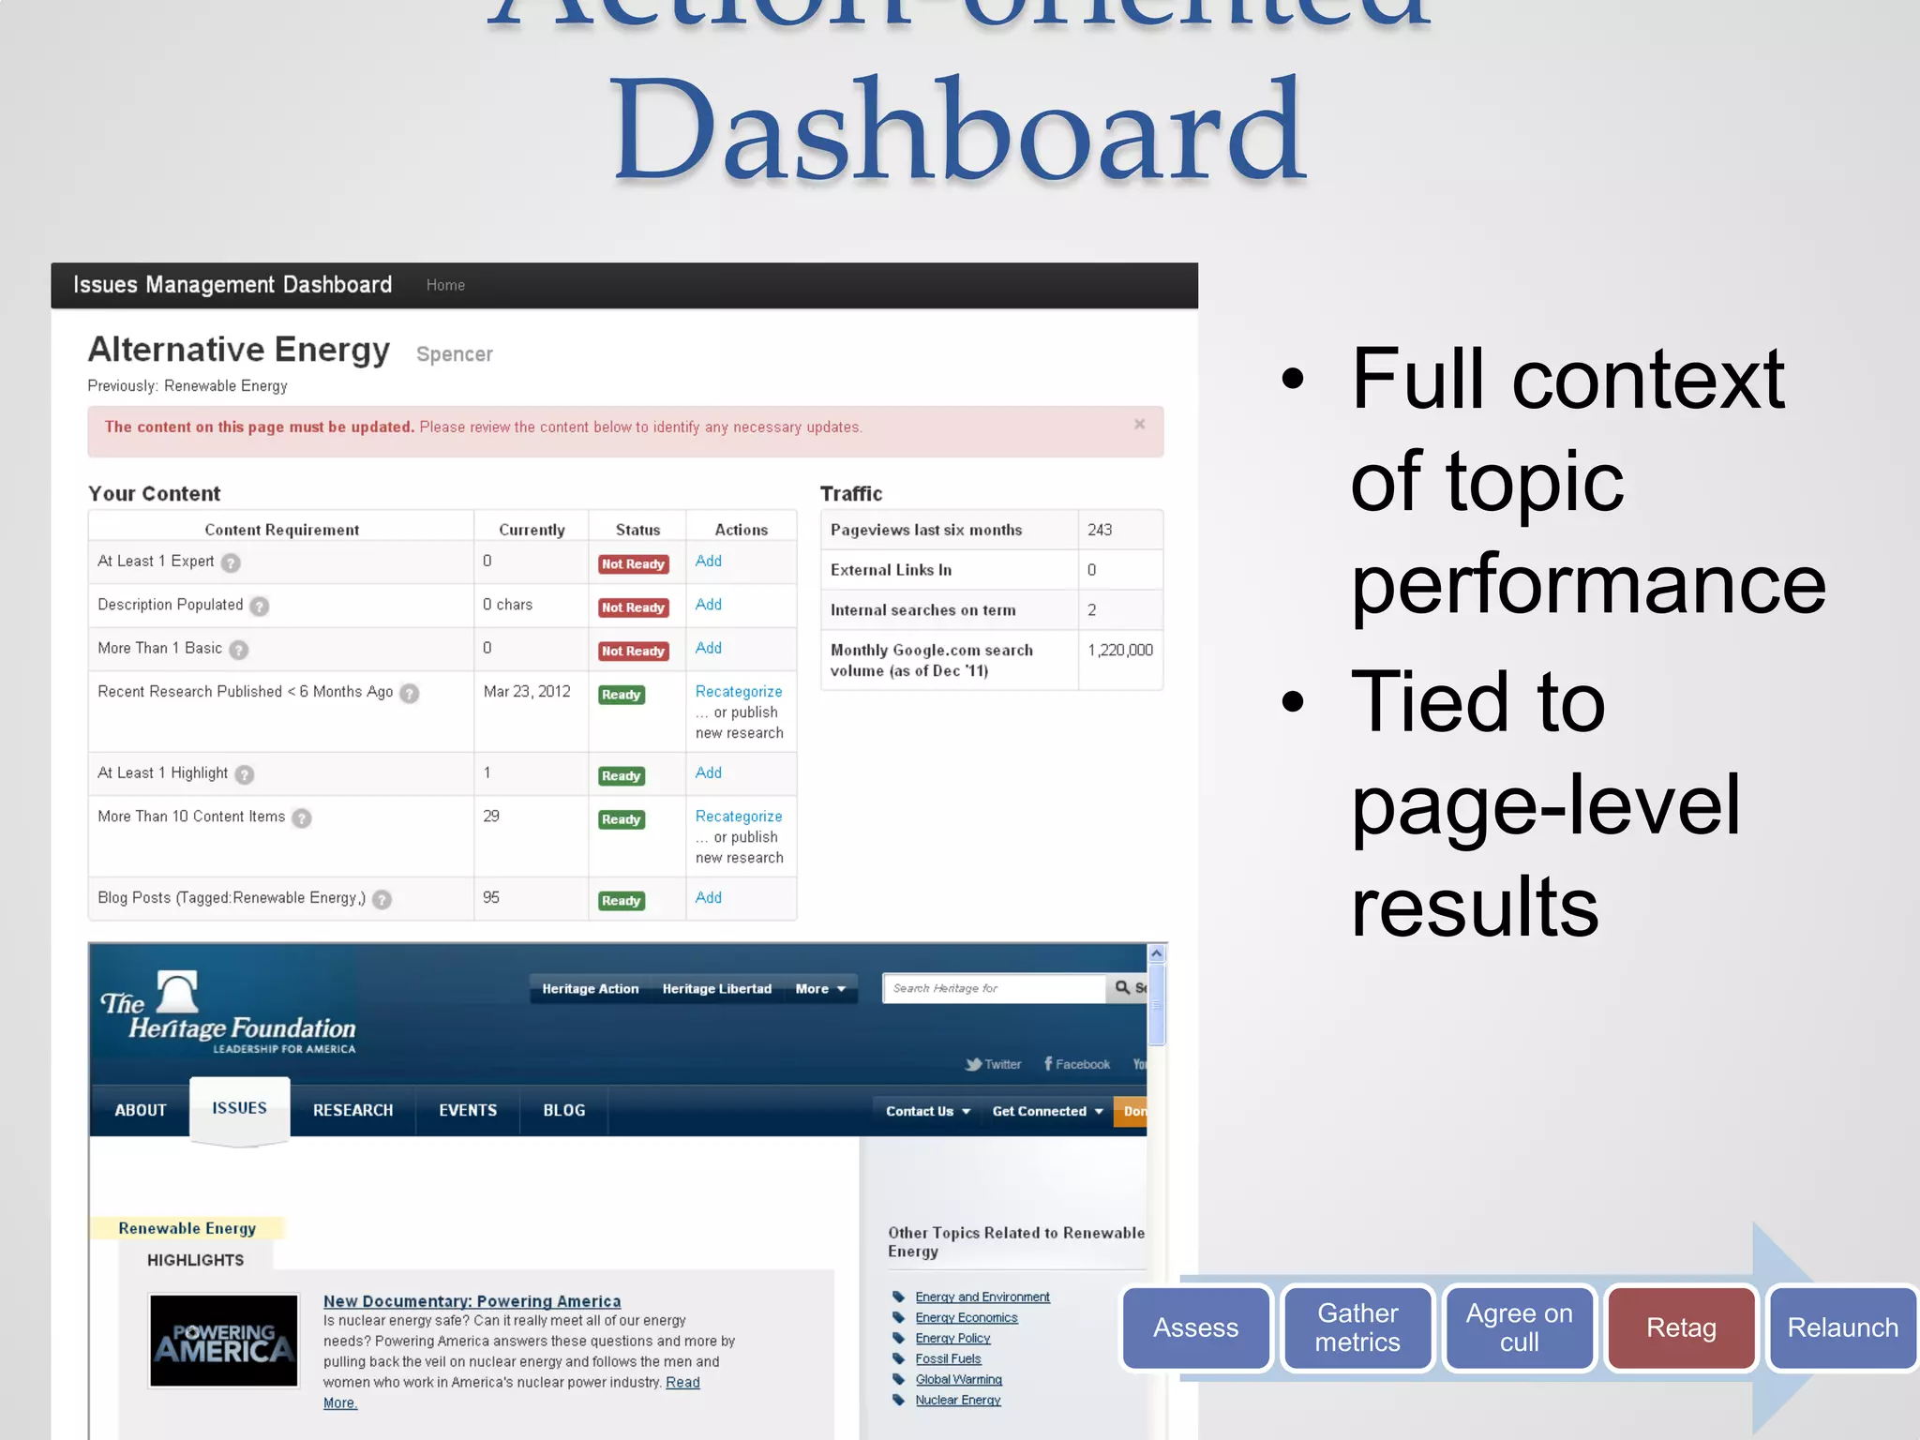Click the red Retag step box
tap(1681, 1327)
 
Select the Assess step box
tap(1196, 1327)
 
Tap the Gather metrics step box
tap(1357, 1327)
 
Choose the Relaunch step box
tap(1842, 1327)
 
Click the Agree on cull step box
tap(1519, 1327)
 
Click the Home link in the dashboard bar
tap(445, 285)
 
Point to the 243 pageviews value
tap(1100, 530)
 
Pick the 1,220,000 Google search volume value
tap(1120, 650)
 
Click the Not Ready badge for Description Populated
tap(633, 607)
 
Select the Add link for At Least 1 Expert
tap(709, 561)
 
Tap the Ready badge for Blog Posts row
tap(622, 901)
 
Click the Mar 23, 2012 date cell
tap(527, 691)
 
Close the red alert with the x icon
tap(1139, 425)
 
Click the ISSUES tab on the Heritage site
tap(239, 1108)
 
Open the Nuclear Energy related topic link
tap(958, 1400)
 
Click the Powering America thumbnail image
tap(224, 1341)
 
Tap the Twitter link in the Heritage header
tap(995, 1064)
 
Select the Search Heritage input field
tap(994, 988)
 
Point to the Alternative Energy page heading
tap(239, 349)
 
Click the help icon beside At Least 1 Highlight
tap(245, 774)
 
